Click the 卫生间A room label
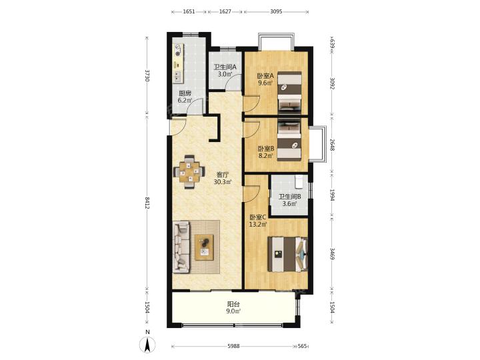click(x=225, y=67)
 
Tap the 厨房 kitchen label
click(x=185, y=93)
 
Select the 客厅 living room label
click(x=223, y=175)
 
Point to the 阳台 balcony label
click(x=233, y=304)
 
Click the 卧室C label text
click(x=258, y=217)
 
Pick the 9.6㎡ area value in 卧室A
click(x=265, y=83)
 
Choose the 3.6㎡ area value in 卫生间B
click(x=289, y=203)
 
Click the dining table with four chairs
click(x=189, y=172)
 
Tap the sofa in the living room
click(x=181, y=247)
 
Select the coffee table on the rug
click(x=204, y=247)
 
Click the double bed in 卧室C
click(x=287, y=254)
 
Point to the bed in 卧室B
click(x=289, y=141)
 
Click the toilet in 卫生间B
click(x=299, y=181)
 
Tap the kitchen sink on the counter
click(x=177, y=76)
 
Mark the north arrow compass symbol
click(x=147, y=345)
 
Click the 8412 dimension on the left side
click(x=147, y=203)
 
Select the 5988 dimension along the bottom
click(x=233, y=346)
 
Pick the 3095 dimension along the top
click(x=276, y=11)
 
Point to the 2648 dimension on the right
click(x=332, y=145)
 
